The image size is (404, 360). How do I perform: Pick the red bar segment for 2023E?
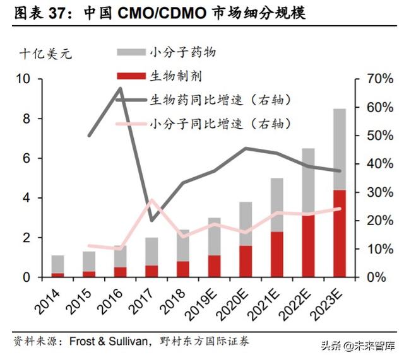[339, 233]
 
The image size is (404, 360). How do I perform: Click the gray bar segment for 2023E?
[339, 149]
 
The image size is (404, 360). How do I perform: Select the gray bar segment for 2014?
[57, 264]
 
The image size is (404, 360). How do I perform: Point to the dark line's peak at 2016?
[120, 89]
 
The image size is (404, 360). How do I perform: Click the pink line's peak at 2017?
[151, 200]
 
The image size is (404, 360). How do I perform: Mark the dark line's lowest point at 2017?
[151, 221]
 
